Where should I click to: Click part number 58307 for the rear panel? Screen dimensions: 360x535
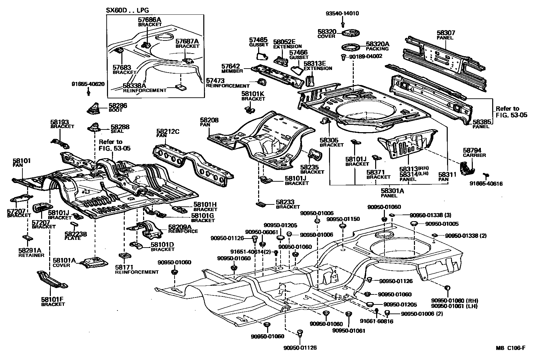pos(446,33)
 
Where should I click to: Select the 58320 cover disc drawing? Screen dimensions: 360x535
pos(349,33)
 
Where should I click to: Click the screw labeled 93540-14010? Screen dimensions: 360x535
pos(343,24)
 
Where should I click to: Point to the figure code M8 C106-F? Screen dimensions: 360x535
pos(510,348)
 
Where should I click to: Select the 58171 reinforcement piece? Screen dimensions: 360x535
pos(124,256)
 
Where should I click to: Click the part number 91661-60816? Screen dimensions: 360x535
pos(376,321)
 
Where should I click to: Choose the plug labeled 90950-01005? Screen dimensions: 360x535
pos(414,224)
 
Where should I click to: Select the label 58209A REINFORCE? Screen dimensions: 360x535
pos(183,229)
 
